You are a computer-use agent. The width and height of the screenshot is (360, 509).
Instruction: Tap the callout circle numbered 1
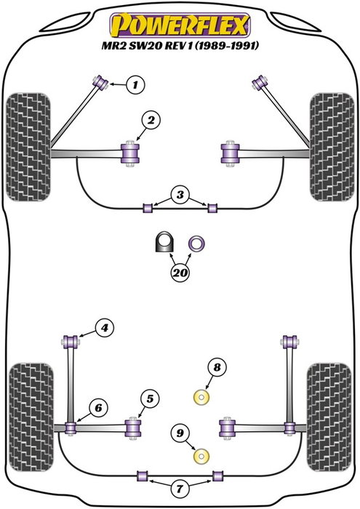(135, 85)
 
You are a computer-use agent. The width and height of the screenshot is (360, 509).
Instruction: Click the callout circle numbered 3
(179, 195)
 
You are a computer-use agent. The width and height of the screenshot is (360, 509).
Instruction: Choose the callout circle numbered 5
(149, 398)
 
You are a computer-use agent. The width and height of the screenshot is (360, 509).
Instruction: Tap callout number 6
(95, 409)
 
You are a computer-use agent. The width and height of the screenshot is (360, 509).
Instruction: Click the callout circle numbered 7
(179, 486)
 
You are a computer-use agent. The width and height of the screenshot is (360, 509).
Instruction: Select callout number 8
(214, 368)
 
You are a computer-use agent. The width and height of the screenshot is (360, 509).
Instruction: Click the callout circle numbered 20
(179, 273)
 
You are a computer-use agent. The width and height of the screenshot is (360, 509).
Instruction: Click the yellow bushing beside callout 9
(201, 457)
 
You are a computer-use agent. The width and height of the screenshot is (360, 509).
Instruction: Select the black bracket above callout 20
(164, 243)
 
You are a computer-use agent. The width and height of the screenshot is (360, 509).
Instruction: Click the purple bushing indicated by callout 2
(132, 152)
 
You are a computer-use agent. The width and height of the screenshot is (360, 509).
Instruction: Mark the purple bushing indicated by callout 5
(134, 425)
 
